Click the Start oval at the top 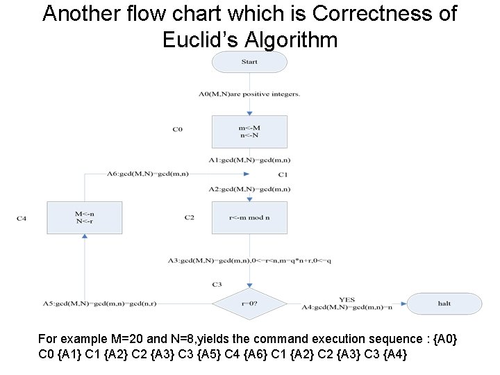(249, 62)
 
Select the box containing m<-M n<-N (249, 131)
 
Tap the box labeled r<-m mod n (249, 217)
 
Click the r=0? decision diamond (249, 303)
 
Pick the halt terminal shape (444, 303)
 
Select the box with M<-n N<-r (84, 217)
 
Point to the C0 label (177, 129)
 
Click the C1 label (283, 174)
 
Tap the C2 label (189, 217)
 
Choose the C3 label (217, 285)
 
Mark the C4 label (22, 218)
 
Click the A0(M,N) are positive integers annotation (249, 94)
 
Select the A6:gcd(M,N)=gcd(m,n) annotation (147, 174)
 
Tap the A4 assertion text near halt (347, 306)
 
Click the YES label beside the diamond (347, 299)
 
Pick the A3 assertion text (249, 260)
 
